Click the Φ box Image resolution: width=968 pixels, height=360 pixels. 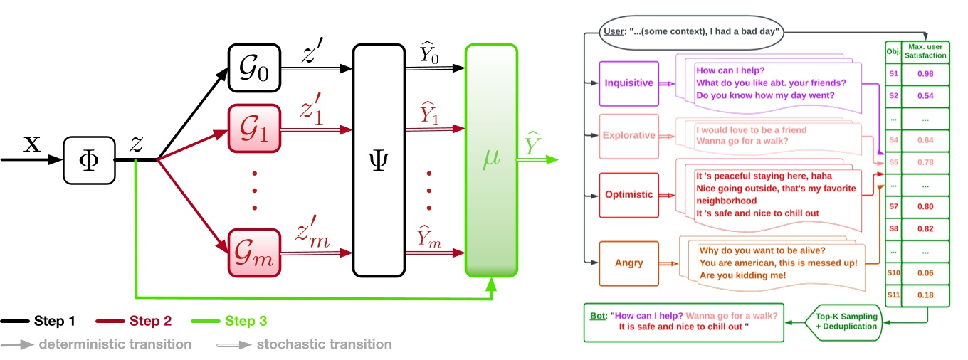[x=88, y=161]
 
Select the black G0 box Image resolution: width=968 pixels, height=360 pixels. [x=255, y=70]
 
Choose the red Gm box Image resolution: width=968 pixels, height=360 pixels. [x=255, y=253]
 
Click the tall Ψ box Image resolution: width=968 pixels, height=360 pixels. [x=379, y=160]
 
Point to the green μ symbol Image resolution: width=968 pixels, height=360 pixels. [x=490, y=160]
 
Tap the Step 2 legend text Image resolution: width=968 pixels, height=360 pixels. [x=150, y=322]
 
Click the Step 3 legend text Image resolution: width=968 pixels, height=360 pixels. [x=246, y=322]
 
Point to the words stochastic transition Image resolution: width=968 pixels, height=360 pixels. [x=325, y=344]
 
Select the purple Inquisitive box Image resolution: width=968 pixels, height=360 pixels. [x=628, y=83]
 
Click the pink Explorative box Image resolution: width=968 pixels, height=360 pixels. [x=628, y=135]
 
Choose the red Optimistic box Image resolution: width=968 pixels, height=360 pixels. [x=628, y=194]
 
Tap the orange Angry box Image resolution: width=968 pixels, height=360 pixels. [x=628, y=263]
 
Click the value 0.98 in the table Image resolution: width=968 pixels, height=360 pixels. [x=925, y=74]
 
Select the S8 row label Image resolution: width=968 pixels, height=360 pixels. [x=893, y=230]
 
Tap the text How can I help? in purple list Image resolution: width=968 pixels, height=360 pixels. [x=730, y=70]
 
